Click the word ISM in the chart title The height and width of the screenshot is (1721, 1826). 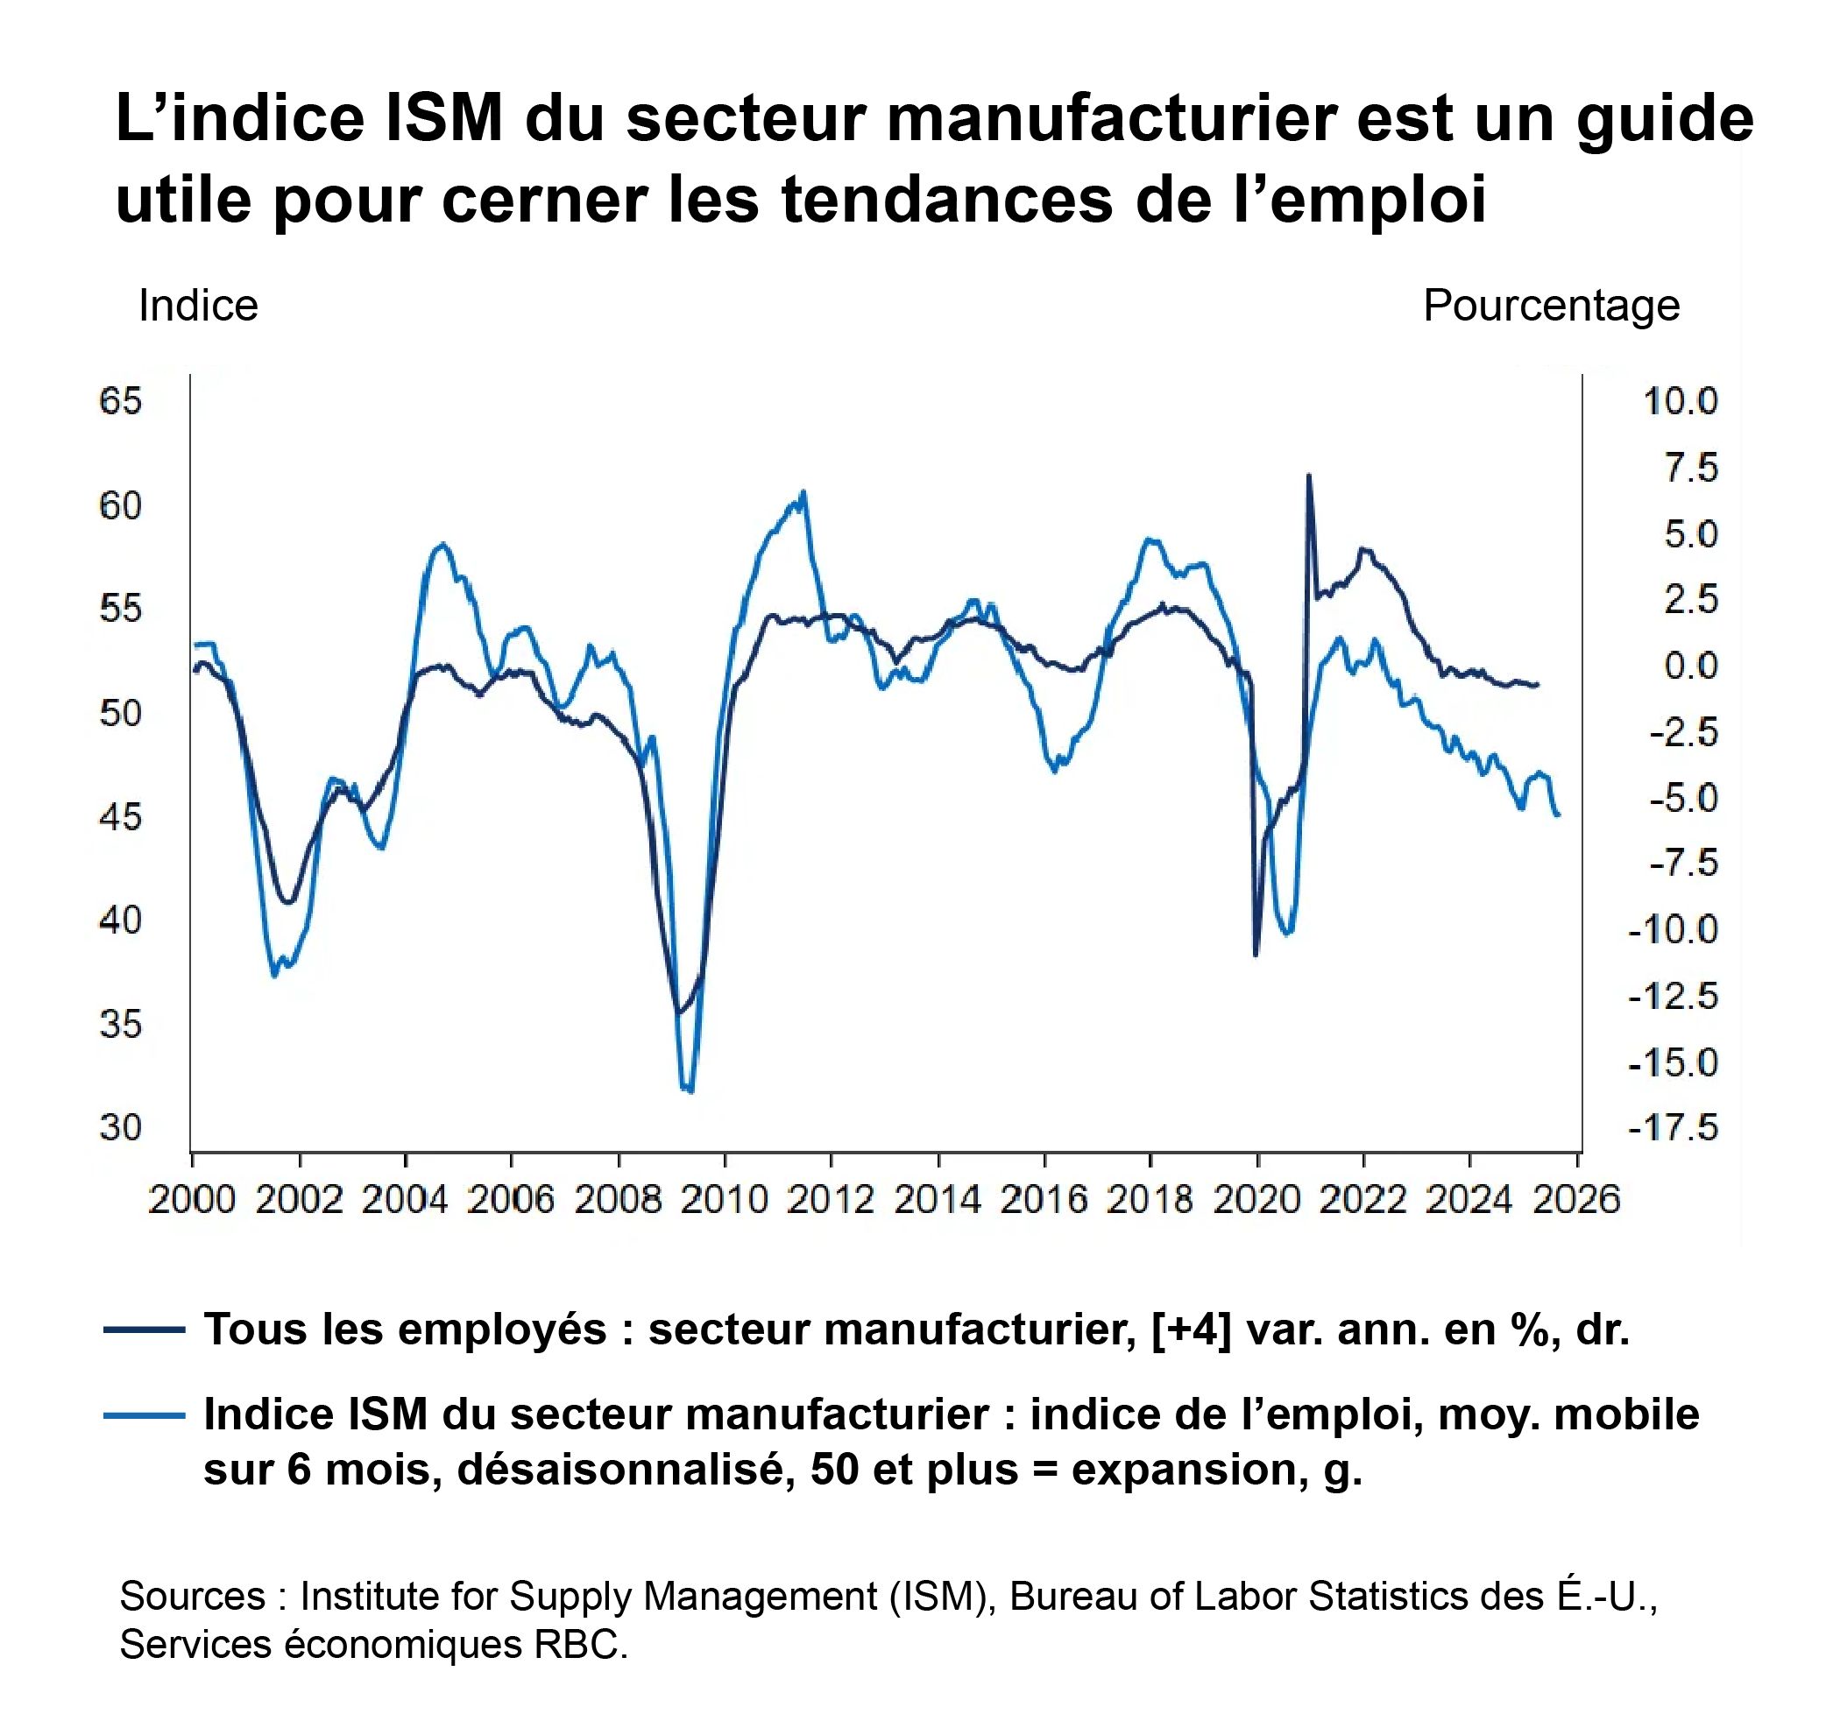click(443, 119)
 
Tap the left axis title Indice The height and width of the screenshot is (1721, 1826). click(198, 306)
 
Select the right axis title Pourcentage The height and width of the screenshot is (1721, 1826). click(1551, 306)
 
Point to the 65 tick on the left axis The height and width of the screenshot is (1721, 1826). click(121, 402)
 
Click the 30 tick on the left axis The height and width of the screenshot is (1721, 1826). click(121, 1128)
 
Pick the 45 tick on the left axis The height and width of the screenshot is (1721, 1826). click(121, 816)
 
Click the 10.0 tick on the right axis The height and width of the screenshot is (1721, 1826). click(1680, 402)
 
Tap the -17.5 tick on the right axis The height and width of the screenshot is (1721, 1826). click(1673, 1128)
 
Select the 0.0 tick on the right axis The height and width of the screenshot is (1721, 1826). click(1690, 666)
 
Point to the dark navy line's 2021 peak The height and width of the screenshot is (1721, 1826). click(1309, 476)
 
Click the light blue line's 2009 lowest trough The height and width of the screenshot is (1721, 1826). click(690, 1091)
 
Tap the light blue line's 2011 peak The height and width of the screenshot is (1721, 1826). click(803, 492)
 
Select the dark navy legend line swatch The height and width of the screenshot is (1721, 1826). click(145, 1330)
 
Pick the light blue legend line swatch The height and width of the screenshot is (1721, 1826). click(145, 1415)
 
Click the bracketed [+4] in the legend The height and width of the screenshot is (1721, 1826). click(1191, 1330)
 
